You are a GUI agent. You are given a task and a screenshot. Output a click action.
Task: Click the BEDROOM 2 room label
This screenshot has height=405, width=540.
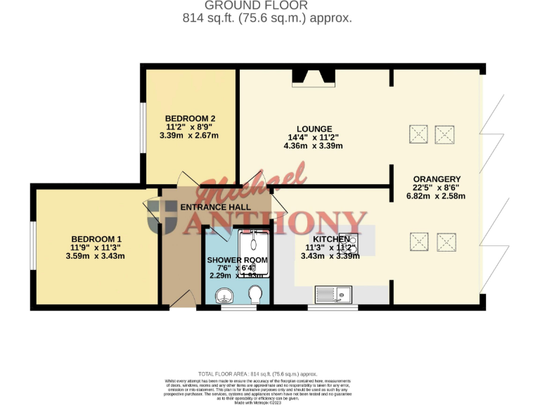pyautogui.click(x=190, y=118)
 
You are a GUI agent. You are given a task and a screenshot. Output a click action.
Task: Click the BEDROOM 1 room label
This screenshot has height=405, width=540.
pyautogui.click(x=95, y=238)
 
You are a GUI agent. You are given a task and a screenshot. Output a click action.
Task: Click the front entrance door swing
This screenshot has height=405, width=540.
pyautogui.click(x=179, y=300)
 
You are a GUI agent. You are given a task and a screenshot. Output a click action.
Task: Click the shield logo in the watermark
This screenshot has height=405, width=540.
pyautogui.click(x=162, y=216)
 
